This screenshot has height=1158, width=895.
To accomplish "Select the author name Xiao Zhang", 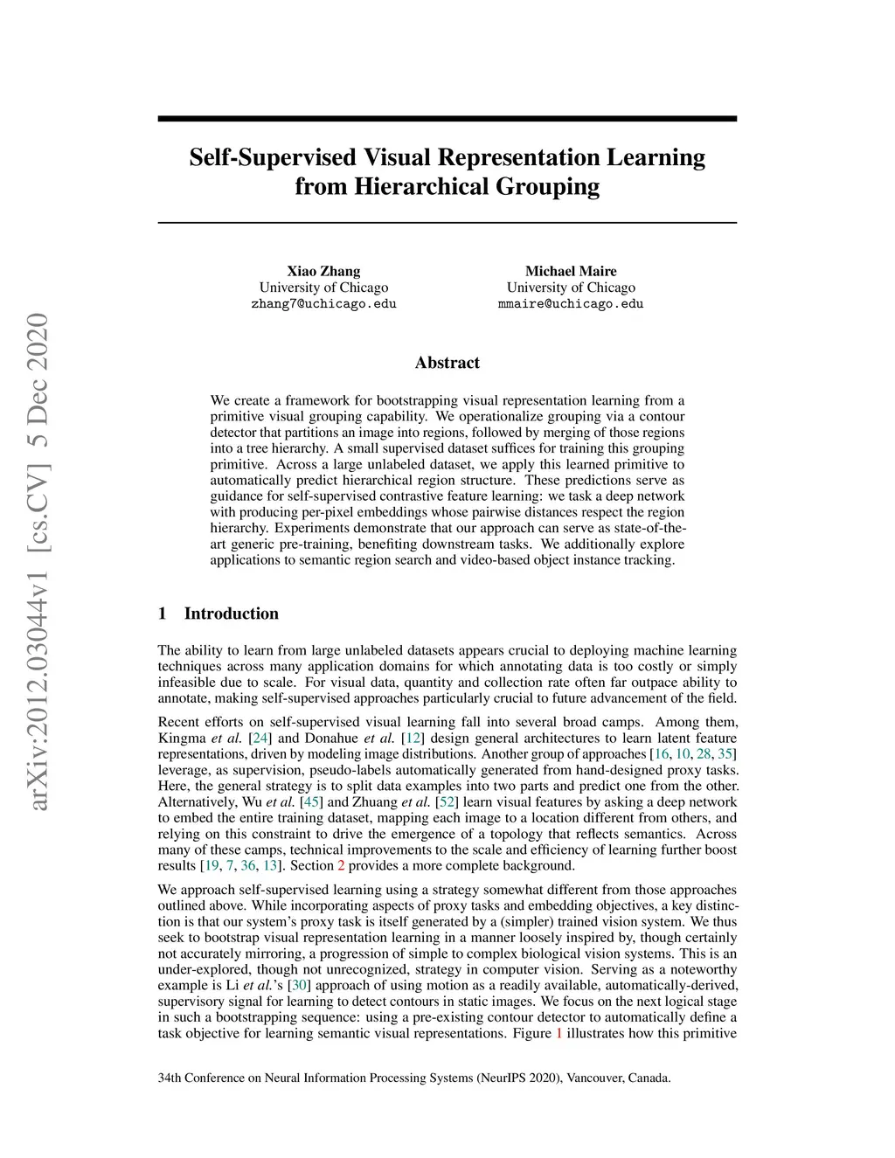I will point(323,271).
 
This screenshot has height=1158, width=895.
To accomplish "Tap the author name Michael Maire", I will point(571,271).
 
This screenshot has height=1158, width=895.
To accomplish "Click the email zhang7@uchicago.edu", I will point(323,304).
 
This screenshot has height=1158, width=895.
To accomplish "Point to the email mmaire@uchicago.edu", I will point(571,304).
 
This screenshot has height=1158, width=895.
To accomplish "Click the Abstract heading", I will point(447,363).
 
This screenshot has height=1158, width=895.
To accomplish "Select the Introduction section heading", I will point(231,614).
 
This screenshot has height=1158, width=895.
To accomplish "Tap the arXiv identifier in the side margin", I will point(38,559).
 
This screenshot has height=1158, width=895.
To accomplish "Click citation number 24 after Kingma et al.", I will point(260,738).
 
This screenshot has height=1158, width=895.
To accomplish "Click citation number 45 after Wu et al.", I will point(310,802).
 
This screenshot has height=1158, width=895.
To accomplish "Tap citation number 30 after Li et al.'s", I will point(299,985).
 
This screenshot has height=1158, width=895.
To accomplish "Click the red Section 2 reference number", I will point(341,866).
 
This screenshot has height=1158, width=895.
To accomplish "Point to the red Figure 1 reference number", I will point(559,1033).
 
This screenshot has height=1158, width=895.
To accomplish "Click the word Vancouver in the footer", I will point(594,1078).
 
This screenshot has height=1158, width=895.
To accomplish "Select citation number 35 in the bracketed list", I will point(725,754).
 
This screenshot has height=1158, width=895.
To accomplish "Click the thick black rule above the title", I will point(447,119).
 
